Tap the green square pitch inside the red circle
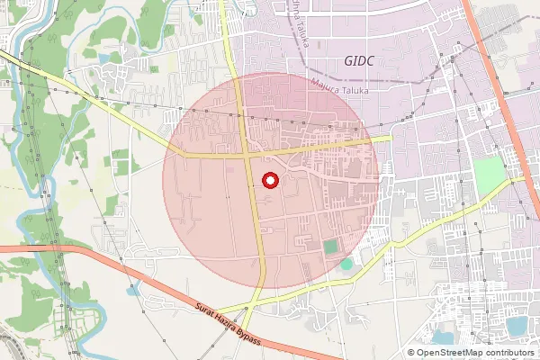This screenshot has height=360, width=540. point(330,246)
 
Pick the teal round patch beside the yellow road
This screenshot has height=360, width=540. point(346,264)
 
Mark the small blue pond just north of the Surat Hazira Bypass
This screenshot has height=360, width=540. point(136,290)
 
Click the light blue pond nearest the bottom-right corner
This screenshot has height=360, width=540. point(517,326)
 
